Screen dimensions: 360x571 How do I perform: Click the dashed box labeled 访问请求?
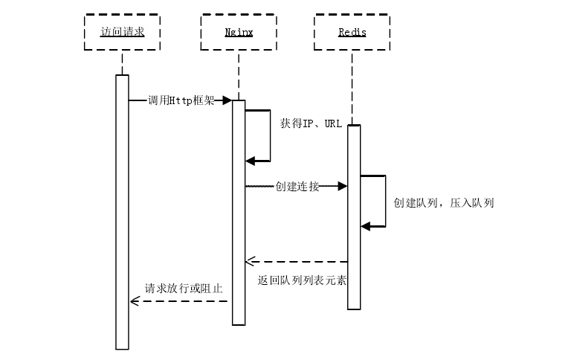click(x=121, y=33)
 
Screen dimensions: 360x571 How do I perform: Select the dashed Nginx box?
click(x=239, y=33)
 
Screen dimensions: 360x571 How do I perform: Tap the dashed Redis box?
click(x=352, y=33)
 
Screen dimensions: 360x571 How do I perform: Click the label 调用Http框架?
click(x=181, y=100)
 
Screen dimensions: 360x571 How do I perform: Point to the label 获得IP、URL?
click(x=311, y=123)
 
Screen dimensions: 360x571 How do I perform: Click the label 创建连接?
click(x=297, y=186)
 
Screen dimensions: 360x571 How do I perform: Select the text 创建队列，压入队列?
click(x=444, y=202)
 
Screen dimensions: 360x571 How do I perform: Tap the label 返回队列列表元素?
click(x=301, y=281)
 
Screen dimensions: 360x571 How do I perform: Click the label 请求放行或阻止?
click(x=184, y=288)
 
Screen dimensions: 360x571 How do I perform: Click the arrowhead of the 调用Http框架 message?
click(x=227, y=100)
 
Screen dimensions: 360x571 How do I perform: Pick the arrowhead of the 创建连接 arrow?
click(x=343, y=186)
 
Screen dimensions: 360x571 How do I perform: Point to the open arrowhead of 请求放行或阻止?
click(x=135, y=300)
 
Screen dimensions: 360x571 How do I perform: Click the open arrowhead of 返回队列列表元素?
click(x=251, y=261)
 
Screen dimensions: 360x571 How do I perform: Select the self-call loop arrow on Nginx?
click(x=268, y=135)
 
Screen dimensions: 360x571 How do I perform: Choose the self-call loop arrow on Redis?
click(x=384, y=201)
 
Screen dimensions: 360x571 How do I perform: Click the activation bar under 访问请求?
click(x=122, y=212)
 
